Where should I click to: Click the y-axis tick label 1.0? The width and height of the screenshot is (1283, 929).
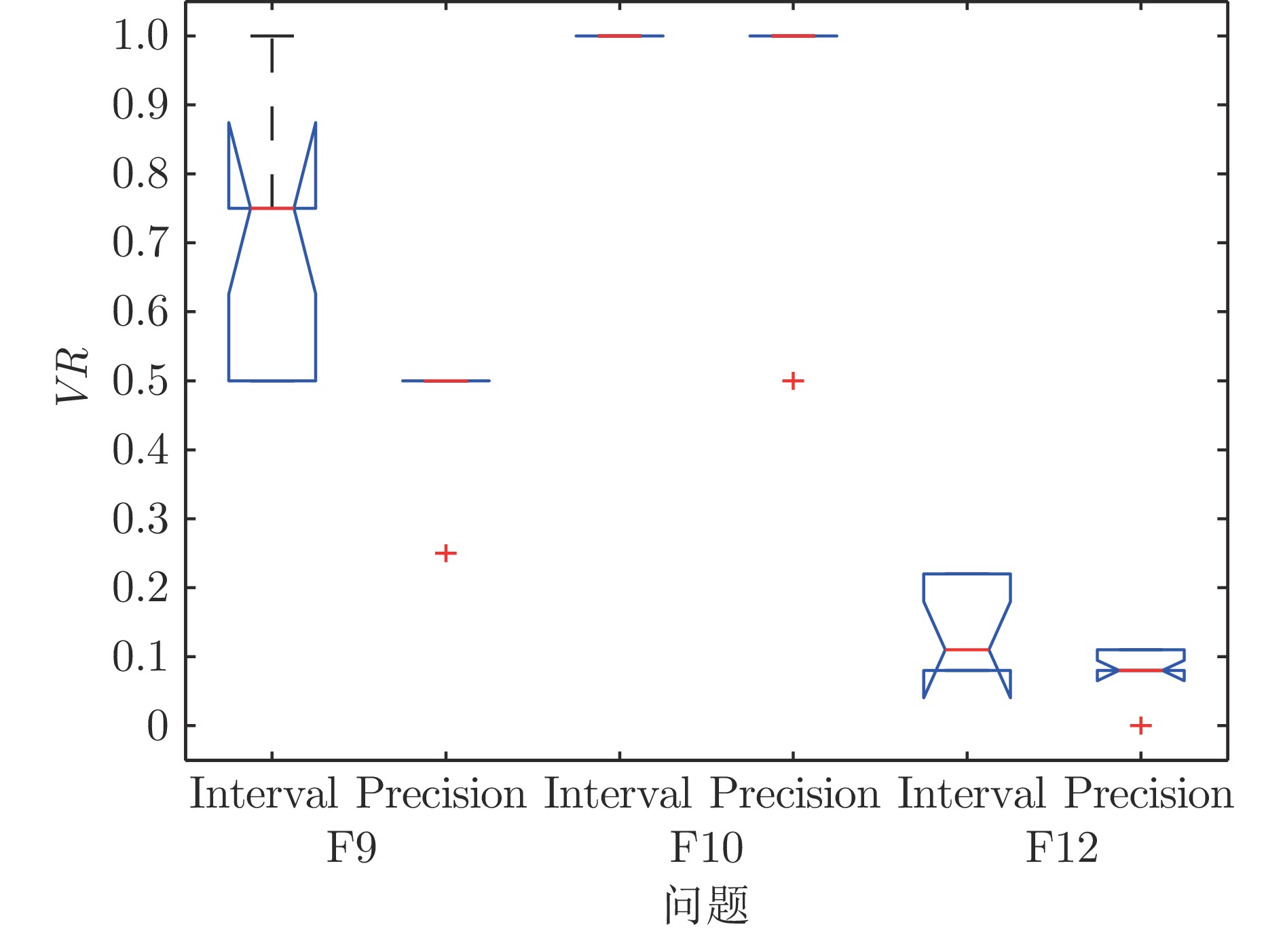coord(140,36)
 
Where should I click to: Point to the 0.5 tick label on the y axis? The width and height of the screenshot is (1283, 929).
coord(140,381)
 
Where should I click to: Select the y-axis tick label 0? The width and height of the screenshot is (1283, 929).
coord(157,726)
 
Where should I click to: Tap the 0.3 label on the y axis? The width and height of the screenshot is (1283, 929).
coord(140,519)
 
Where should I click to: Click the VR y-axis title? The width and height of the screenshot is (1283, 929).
coord(73,375)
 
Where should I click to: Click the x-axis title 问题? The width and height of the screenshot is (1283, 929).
coord(706,905)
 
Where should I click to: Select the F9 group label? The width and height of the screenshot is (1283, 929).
coord(351,848)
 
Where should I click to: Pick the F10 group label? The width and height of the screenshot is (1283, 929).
coord(706,848)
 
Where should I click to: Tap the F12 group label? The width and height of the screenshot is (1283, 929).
coord(1061,848)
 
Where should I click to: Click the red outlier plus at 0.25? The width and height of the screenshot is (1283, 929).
coord(445,553)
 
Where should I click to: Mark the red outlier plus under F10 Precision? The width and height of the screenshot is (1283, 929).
coord(793,381)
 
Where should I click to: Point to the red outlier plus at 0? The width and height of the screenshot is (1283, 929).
coord(1140,725)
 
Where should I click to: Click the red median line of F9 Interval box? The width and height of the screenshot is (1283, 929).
coord(272,208)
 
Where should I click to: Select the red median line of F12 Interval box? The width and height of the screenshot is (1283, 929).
coord(967,650)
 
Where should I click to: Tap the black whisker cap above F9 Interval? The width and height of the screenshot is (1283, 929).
coord(272,35)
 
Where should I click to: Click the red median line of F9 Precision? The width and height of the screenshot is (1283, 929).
coord(445,381)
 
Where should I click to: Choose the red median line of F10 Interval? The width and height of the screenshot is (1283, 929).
coord(619,35)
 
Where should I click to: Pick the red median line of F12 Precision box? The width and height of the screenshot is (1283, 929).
coord(1140,670)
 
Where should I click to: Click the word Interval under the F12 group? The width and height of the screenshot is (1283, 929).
coord(971,793)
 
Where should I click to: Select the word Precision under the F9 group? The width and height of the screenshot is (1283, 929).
coord(441,793)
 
